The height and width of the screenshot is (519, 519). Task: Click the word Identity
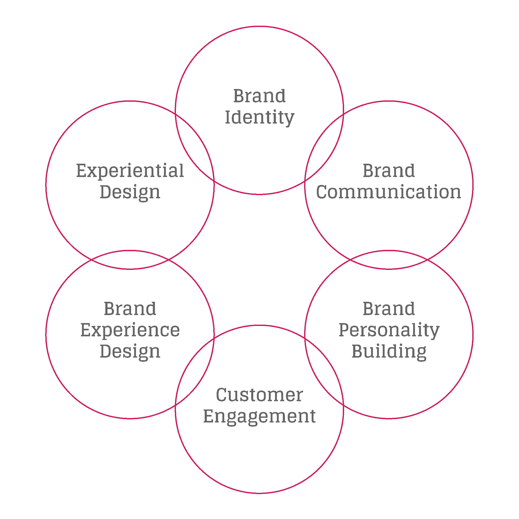pos(259,118)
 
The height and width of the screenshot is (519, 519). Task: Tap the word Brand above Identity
pos(259,96)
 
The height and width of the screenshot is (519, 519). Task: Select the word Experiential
pos(130,171)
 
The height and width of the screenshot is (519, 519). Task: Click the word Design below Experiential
pos(130,192)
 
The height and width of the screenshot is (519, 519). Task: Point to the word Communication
pos(389,192)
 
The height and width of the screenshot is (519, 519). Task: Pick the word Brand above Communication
pos(389,171)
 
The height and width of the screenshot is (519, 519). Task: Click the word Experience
pos(130,330)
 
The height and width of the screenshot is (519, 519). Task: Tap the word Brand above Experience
pos(130,309)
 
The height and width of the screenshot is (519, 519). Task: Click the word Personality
pos(389,330)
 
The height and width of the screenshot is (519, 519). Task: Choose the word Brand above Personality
pos(389,309)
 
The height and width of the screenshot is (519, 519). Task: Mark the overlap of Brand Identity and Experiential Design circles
pos(195,147)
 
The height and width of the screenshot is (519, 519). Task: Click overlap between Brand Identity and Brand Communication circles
pos(324,147)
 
